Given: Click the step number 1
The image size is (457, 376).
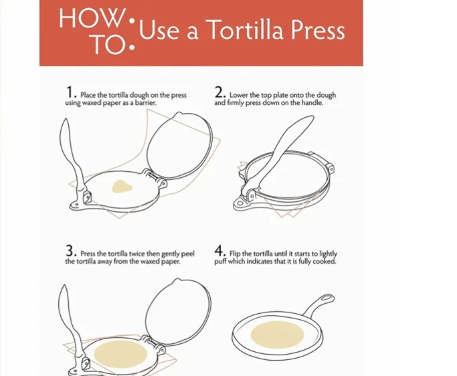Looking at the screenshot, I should [x=69, y=92].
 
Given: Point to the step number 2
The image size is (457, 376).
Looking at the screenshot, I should [x=219, y=92].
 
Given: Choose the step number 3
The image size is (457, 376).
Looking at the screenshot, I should [x=70, y=252].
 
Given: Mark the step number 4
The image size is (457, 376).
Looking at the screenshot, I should [x=219, y=252].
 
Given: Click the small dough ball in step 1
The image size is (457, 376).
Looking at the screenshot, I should [x=122, y=186].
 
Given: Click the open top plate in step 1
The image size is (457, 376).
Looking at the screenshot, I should [x=179, y=147].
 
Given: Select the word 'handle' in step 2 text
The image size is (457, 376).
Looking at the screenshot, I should [x=312, y=104].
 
